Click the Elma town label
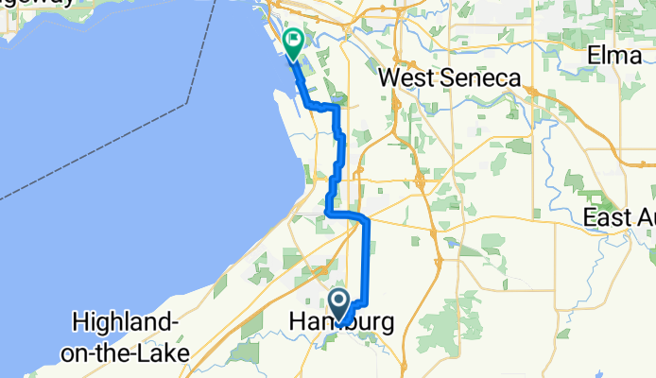pyautogui.click(x=613, y=55)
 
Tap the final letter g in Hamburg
pyautogui.click(x=386, y=324)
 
